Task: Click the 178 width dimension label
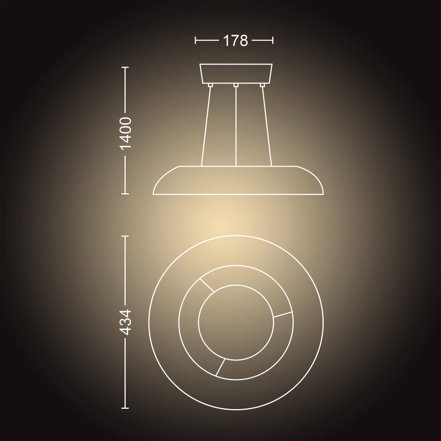[x=235, y=41]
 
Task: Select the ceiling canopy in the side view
[x=236, y=72]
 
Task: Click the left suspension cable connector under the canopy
[x=210, y=85]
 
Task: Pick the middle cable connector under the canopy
[x=236, y=85]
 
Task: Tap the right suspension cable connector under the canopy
[x=262, y=85]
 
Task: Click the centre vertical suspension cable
[x=236, y=126]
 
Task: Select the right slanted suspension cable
[x=266, y=126]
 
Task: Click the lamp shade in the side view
[x=238, y=181]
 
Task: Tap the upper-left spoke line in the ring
[x=207, y=285]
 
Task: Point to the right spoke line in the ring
[x=283, y=315]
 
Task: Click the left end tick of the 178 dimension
[x=196, y=40]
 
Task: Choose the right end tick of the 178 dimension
[x=273, y=40]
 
